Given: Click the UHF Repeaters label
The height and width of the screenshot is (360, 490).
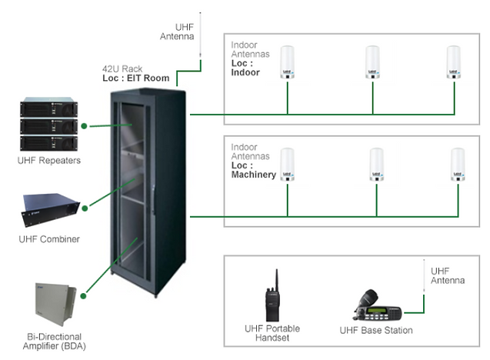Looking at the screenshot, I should [x=50, y=160].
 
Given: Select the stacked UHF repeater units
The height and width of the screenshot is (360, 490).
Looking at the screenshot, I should [x=50, y=125].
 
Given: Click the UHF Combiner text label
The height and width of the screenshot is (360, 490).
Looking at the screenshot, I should [x=50, y=239].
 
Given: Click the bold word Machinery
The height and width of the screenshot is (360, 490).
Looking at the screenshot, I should [x=253, y=175].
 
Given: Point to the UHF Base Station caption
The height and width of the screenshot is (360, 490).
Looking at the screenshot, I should [x=375, y=331].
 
